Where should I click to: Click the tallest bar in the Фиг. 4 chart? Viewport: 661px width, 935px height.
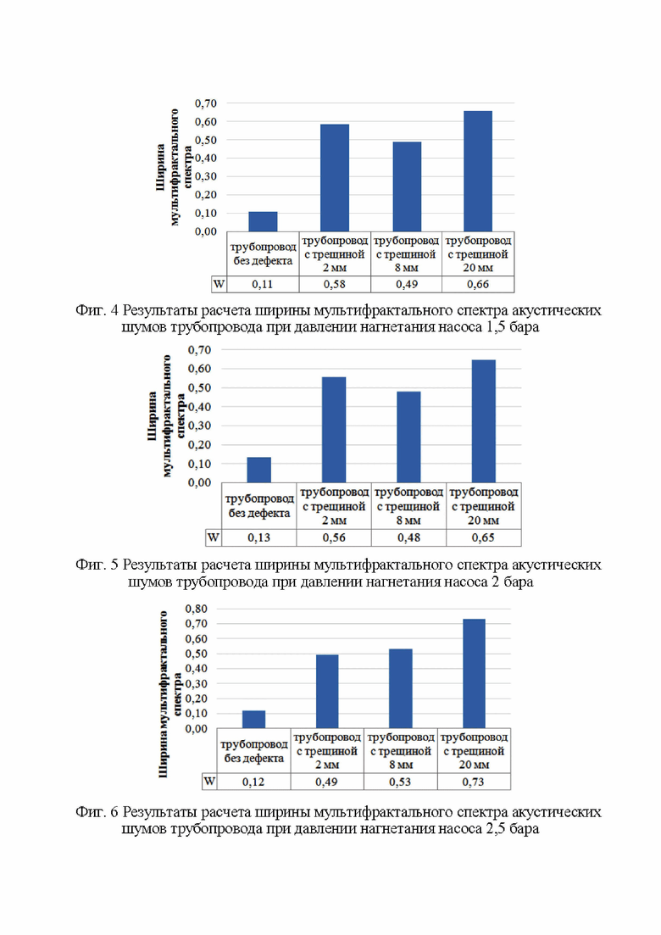tap(478, 171)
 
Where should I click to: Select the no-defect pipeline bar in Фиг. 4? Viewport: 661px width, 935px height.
tap(263, 221)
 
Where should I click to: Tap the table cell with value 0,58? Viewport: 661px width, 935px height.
tap(335, 285)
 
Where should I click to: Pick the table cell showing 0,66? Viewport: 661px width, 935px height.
tap(478, 285)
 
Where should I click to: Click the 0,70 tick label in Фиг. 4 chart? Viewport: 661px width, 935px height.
tap(206, 103)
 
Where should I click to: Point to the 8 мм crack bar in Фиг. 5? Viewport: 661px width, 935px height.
tap(408, 437)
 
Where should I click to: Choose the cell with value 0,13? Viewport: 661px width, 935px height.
tap(259, 538)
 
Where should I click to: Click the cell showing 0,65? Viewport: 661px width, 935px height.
tap(483, 538)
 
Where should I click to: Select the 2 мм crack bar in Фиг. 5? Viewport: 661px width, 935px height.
tap(334, 430)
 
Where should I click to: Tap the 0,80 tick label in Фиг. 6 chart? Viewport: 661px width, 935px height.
tap(196, 609)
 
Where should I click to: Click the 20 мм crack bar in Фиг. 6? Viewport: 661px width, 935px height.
tap(474, 673)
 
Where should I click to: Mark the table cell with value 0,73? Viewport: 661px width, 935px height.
tap(474, 782)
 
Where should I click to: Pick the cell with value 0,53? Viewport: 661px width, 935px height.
tap(401, 782)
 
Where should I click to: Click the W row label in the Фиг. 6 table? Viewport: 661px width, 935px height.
tap(209, 782)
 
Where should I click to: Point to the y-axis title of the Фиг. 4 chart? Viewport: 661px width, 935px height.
tap(174, 168)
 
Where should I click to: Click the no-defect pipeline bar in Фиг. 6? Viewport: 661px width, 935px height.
tap(254, 719)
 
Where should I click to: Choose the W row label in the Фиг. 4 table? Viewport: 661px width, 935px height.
tap(219, 285)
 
